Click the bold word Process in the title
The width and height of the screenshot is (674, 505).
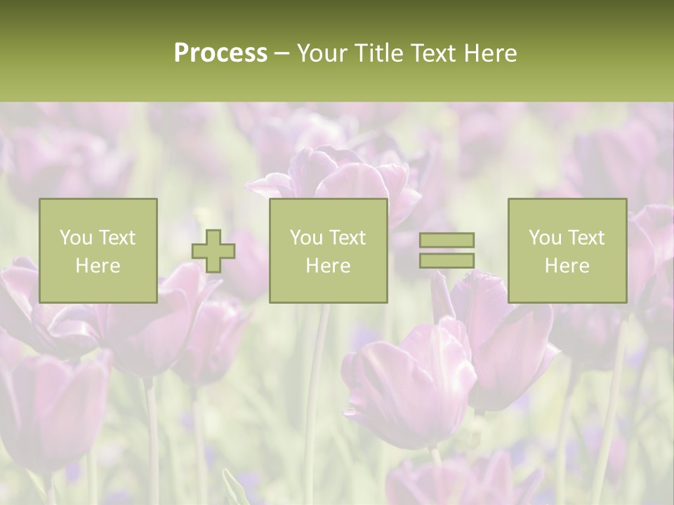pos(220,53)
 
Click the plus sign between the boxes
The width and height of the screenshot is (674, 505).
pos(213,251)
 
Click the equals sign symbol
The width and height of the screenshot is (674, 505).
pos(447,250)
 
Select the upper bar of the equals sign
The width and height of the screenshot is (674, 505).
pos(447,241)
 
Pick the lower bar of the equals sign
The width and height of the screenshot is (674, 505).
pos(447,260)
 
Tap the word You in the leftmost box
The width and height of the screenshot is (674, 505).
pos(76,238)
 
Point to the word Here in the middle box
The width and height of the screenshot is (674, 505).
pos(328,266)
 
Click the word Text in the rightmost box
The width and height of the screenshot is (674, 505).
pos(586,238)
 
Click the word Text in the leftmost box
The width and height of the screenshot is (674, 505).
pos(117,238)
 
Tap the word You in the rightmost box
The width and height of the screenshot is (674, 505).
pos(545,238)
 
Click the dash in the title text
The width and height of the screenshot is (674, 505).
pos(282,53)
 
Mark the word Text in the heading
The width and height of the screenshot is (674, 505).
pos(432,53)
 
